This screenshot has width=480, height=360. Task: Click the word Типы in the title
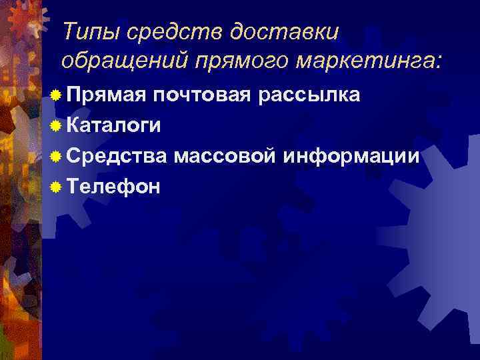(85, 31)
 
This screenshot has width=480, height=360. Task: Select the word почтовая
(202, 95)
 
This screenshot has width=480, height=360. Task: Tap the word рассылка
(311, 95)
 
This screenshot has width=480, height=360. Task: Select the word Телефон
(114, 187)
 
